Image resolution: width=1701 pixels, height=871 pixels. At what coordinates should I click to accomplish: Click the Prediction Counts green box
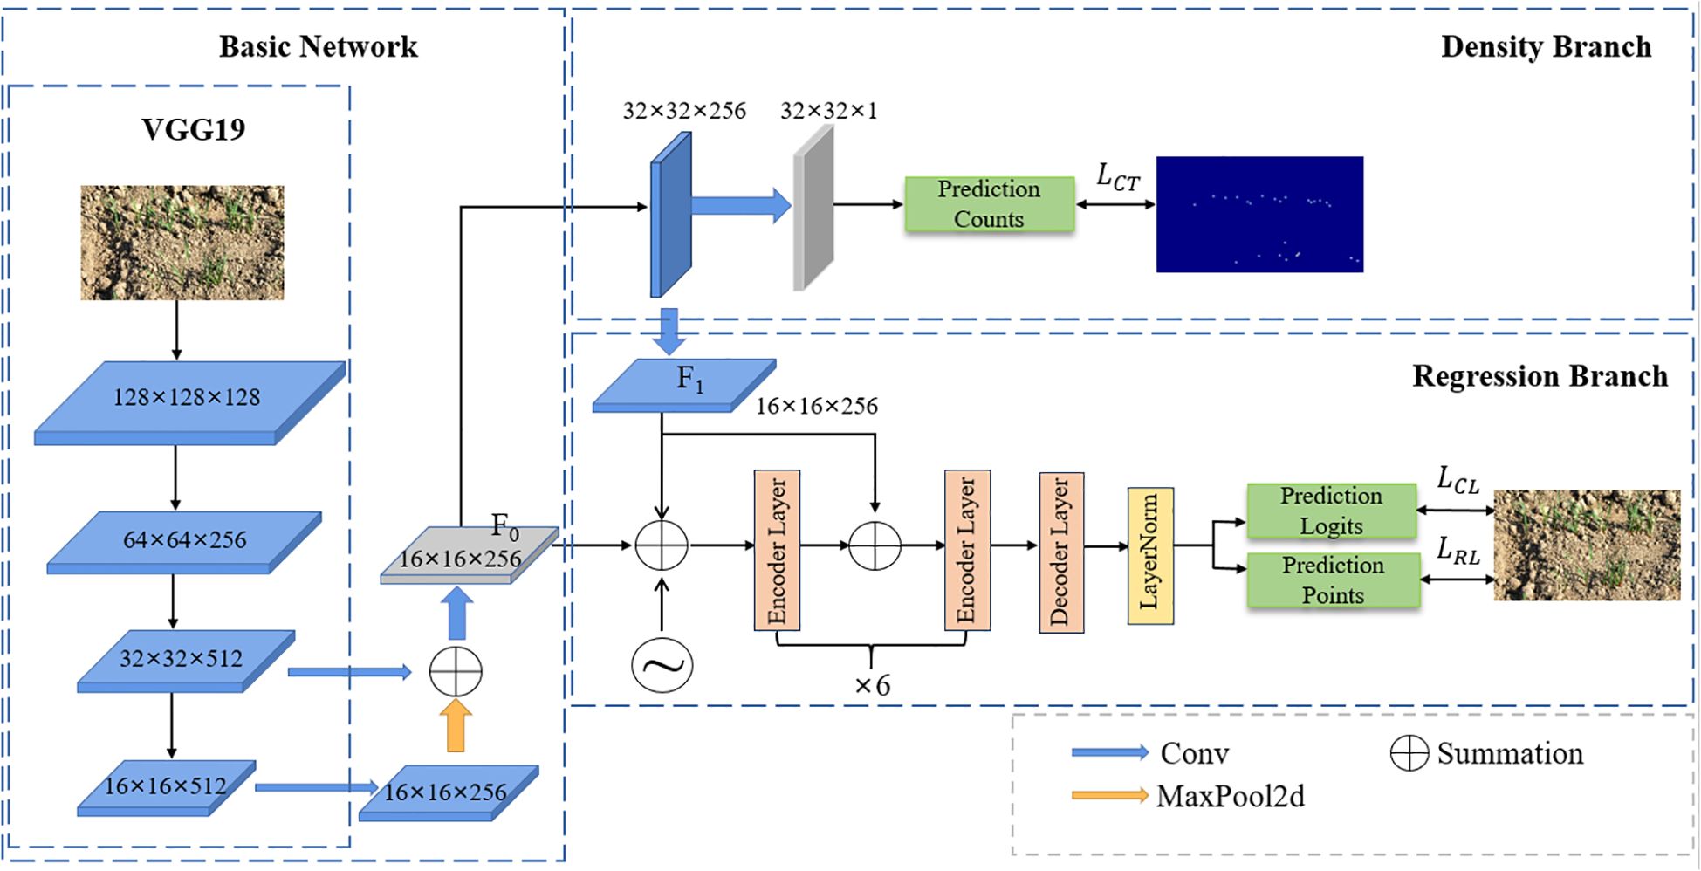989,204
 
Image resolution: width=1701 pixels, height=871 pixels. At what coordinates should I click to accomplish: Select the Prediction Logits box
1331,511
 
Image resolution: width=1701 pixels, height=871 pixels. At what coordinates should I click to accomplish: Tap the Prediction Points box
1333,580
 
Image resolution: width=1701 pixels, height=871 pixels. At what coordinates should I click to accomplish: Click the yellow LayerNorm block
1150,556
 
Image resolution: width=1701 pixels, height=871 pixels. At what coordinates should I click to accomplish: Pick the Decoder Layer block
1061,552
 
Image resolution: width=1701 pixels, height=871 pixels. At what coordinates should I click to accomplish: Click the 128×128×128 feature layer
188,400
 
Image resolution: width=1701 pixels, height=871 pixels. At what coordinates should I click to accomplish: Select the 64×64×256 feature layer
184,541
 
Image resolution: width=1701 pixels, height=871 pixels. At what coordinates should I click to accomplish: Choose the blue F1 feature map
682,384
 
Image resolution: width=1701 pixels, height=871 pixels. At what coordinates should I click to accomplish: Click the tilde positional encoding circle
662,666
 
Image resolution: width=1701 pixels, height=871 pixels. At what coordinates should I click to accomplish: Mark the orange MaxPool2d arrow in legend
1109,795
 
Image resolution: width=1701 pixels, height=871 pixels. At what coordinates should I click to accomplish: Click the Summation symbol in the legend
1409,753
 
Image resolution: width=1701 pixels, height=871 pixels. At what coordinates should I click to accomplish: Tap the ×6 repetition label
872,686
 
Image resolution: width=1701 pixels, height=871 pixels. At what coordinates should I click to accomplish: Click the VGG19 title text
194,129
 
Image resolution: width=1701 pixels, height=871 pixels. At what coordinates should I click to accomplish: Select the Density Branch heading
1546,46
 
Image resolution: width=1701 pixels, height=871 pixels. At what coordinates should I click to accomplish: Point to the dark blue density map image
1259,214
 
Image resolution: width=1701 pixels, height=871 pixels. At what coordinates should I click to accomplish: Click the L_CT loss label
1117,177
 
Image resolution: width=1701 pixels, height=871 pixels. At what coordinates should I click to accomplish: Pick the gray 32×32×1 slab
813,208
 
